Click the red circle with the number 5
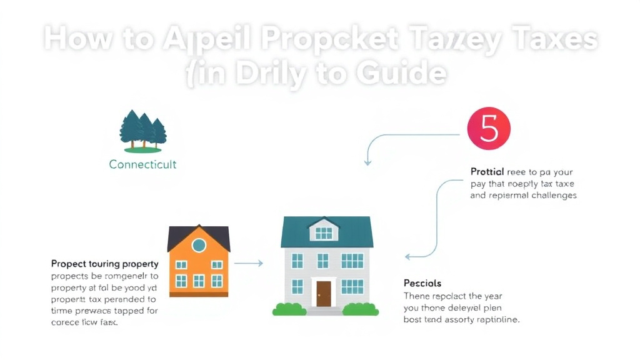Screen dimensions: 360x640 tap(489, 129)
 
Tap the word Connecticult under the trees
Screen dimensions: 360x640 tap(142, 164)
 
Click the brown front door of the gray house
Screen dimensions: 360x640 tap(323, 293)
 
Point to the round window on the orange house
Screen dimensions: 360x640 tap(199, 245)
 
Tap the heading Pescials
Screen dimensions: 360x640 tap(422, 283)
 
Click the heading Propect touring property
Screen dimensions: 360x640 tap(104, 264)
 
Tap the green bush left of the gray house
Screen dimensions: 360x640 tap(289, 309)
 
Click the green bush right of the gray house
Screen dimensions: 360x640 tap(361, 309)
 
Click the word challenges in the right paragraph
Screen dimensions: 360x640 tap(546, 195)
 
